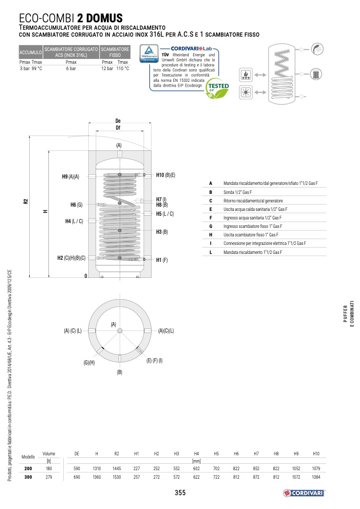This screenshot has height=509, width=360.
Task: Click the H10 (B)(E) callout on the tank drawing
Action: [x=165, y=175]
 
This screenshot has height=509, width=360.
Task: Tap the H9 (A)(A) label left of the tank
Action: [x=71, y=176]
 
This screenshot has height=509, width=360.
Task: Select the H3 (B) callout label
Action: [x=162, y=232]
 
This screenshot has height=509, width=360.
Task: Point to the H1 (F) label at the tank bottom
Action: [x=162, y=260]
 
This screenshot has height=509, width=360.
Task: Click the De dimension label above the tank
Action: [x=118, y=121]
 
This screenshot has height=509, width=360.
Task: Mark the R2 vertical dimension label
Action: [x=26, y=201]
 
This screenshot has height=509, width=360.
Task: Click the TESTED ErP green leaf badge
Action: [x=218, y=88]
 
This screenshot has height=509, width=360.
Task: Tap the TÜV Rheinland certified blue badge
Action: [x=149, y=53]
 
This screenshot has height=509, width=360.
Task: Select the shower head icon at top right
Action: [x=317, y=49]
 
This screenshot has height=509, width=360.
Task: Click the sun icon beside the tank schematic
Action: [x=246, y=92]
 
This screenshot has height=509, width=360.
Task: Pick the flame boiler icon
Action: [x=246, y=75]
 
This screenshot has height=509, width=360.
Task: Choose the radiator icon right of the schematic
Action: [x=315, y=74]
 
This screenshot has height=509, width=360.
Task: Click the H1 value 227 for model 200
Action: [x=137, y=469]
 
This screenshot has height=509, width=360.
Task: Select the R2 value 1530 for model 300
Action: [x=116, y=477]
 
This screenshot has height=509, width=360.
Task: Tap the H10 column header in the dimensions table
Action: [x=316, y=454]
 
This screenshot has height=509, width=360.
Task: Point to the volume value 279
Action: [x=49, y=477]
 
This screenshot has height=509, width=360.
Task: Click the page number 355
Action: [x=180, y=493]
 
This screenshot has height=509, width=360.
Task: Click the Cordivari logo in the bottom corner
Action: [x=304, y=493]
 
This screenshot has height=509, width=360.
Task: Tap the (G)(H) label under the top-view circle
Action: [x=89, y=362]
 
